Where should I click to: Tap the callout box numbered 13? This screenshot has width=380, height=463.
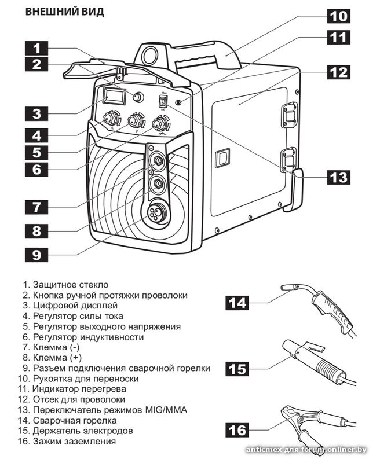(338, 177)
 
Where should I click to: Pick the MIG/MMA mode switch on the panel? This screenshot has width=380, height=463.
(162, 101)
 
